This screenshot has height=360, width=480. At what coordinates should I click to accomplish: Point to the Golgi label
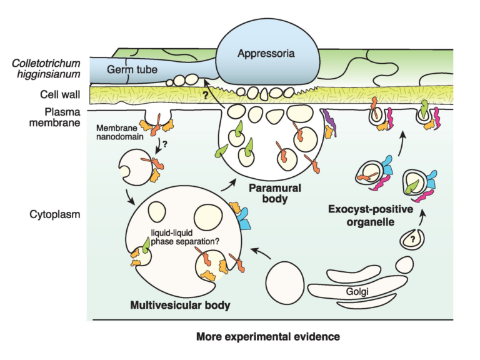(x=356, y=292)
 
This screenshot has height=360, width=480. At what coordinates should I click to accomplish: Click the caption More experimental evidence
(x=268, y=337)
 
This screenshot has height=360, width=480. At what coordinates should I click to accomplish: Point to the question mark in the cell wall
(x=204, y=97)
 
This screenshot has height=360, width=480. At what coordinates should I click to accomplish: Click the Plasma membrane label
(x=61, y=117)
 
